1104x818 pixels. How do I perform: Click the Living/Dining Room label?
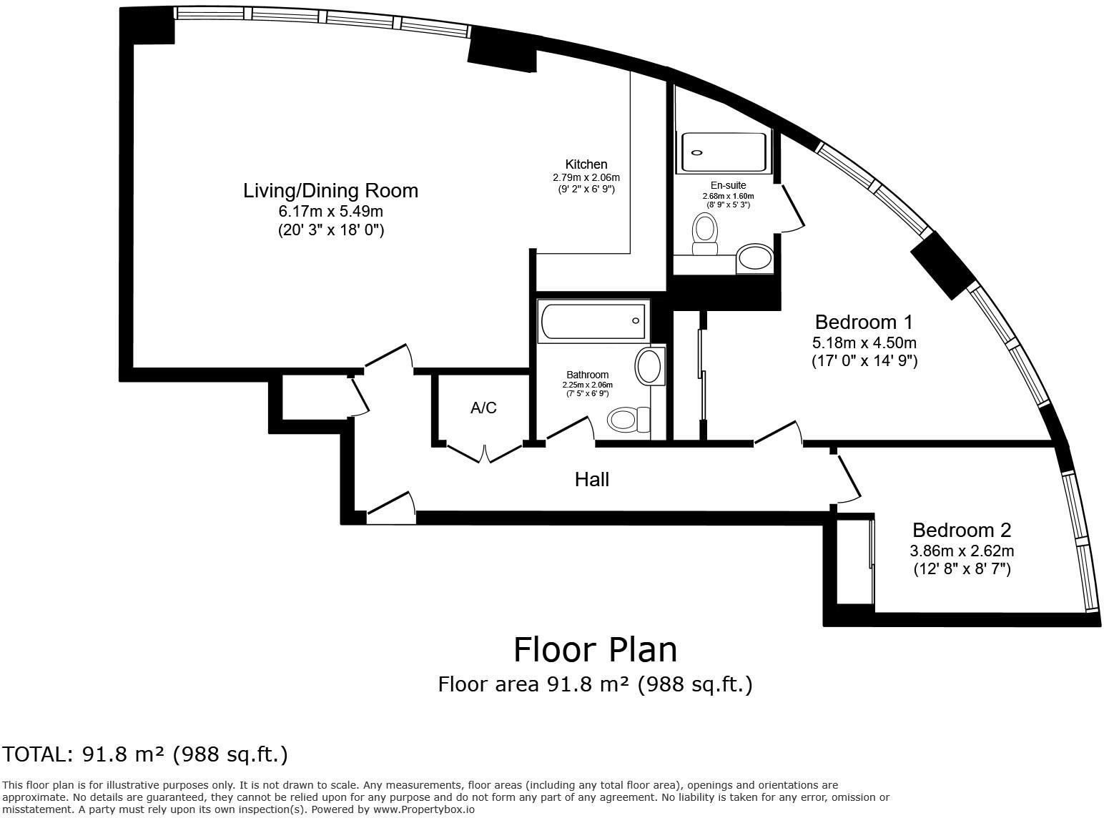pyautogui.click(x=330, y=191)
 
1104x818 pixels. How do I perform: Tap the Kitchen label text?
pyautogui.click(x=586, y=164)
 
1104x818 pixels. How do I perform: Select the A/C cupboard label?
pyautogui.click(x=483, y=408)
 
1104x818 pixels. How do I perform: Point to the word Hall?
pyautogui.click(x=592, y=480)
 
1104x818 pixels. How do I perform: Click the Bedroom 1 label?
pyautogui.click(x=864, y=322)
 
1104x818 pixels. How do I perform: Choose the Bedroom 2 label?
pyautogui.click(x=962, y=531)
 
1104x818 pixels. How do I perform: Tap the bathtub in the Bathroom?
pyautogui.click(x=593, y=321)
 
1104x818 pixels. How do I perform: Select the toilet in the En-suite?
pyautogui.click(x=705, y=234)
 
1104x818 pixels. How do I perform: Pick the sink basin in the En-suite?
pyautogui.click(x=754, y=257)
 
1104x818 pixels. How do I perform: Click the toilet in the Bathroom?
pyautogui.click(x=629, y=420)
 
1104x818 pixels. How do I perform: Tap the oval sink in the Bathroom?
pyautogui.click(x=649, y=366)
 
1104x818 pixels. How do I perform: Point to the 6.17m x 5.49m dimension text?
pyautogui.click(x=330, y=212)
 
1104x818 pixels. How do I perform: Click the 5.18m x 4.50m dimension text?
pyautogui.click(x=864, y=343)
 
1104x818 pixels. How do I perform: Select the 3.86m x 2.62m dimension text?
pyautogui.click(x=962, y=551)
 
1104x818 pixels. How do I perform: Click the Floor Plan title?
pyautogui.click(x=596, y=650)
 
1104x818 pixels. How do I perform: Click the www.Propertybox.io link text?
pyautogui.click(x=424, y=809)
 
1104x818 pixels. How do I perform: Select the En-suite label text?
pyautogui.click(x=728, y=185)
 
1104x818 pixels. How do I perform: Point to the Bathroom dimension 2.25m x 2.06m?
pyautogui.click(x=587, y=385)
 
